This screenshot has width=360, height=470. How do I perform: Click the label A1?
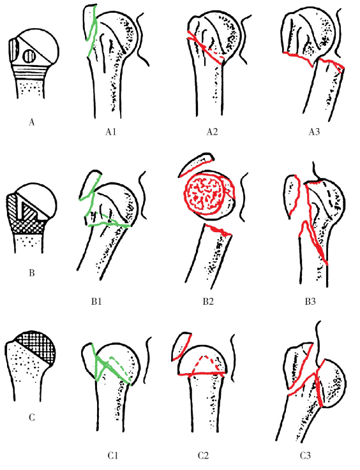[110, 131]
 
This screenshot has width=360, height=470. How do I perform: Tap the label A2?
[212, 131]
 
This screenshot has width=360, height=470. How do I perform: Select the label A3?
[314, 131]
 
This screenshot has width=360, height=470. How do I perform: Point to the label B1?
[96, 301]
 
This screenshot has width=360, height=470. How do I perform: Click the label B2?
[208, 301]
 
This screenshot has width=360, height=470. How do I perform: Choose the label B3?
[310, 301]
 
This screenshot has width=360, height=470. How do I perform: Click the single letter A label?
[32, 122]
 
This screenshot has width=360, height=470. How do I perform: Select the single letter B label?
[32, 273]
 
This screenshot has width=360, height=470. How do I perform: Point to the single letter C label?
[32, 417]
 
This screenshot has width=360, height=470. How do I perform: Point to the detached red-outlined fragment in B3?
[292, 195]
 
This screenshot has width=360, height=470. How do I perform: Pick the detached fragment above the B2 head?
[197, 164]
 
